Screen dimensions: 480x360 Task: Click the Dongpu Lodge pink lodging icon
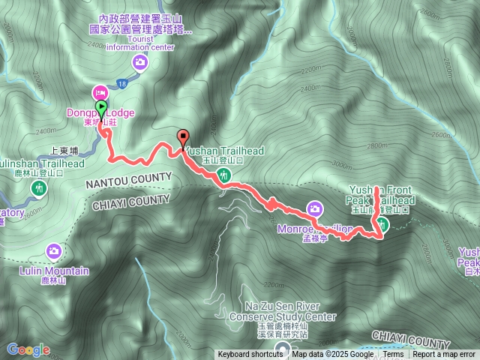[99, 92]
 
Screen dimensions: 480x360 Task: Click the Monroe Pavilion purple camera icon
[316, 208]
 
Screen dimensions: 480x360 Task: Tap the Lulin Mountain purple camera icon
[54, 250]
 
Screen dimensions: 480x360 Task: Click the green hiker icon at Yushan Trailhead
[223, 175]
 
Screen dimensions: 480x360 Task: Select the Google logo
[28, 349]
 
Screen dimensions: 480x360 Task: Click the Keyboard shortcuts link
[250, 355]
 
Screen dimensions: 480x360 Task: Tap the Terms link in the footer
[394, 355]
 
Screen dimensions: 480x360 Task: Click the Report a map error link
[445, 355]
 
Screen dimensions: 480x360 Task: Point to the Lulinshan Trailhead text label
[41, 163]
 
